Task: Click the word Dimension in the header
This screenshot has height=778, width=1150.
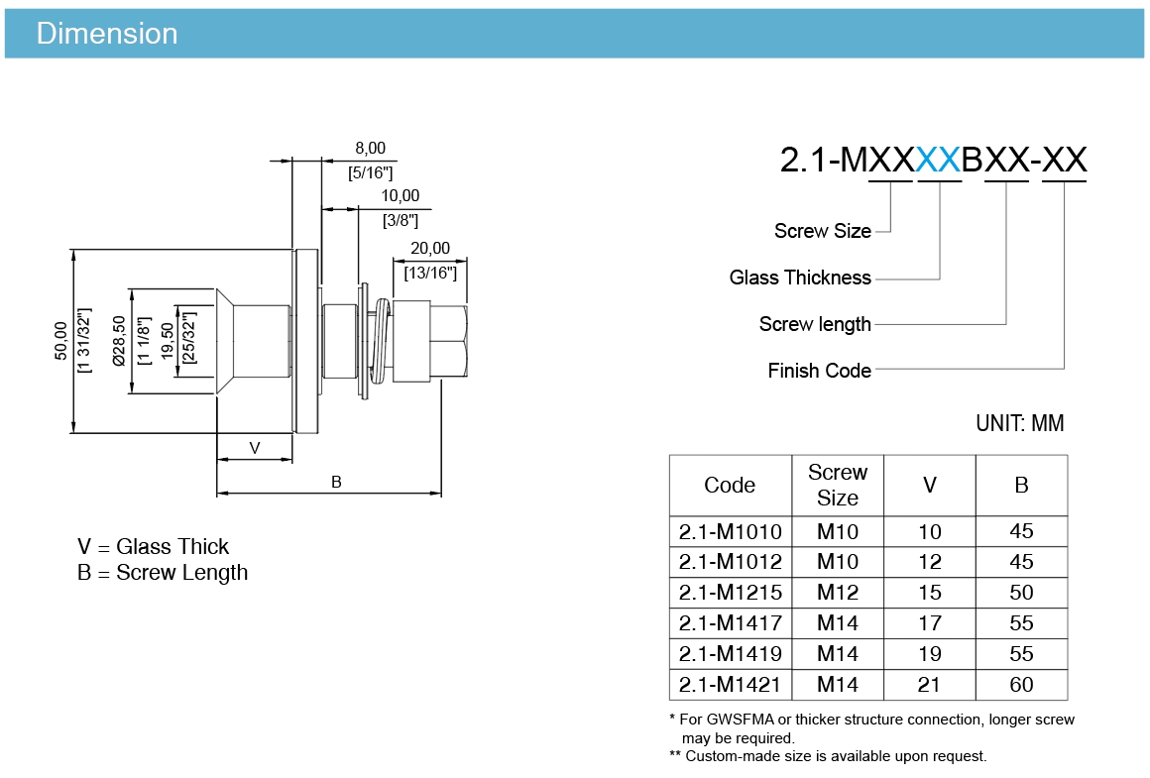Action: pos(107,34)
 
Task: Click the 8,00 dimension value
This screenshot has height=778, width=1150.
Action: pos(371,148)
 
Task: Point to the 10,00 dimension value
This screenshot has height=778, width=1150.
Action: pos(401,196)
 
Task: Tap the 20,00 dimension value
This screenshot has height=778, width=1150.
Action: pos(430,249)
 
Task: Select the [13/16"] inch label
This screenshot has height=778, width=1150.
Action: pos(430,274)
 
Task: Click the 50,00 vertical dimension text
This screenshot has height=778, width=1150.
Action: pos(60,341)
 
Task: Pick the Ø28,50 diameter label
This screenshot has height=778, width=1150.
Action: pos(119,341)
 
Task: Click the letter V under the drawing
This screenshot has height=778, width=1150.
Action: pos(255,448)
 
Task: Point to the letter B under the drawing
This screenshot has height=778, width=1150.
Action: pos(336,482)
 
